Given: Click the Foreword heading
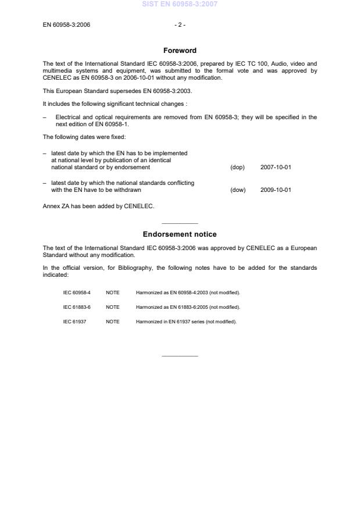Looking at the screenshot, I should point(180,51).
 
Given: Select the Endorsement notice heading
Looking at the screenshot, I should point(180,234).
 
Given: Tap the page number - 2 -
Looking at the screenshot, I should point(180,25).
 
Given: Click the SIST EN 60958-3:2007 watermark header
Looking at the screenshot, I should point(180,4).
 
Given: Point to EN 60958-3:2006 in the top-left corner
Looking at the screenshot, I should point(66,25).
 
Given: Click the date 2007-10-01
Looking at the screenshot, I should point(276,167).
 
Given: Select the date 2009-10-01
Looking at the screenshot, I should point(276,190).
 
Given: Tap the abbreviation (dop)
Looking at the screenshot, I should point(237,167).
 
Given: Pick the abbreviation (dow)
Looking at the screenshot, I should point(238,190).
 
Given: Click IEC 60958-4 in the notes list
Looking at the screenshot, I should point(77,292).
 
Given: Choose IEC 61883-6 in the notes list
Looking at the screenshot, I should point(77,307).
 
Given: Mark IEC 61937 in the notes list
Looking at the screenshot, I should point(74,322).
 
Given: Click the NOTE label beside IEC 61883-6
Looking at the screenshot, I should point(112,307).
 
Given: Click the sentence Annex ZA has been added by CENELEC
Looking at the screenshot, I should point(98,205).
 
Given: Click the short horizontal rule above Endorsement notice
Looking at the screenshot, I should point(180,223).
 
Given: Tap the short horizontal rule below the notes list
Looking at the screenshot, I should point(180,356).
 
